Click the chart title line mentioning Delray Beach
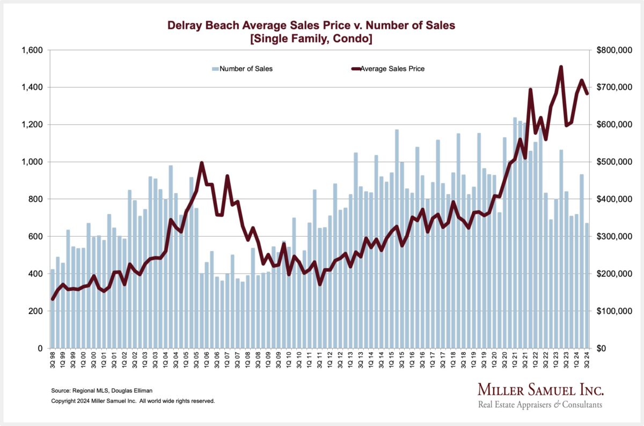pos(311,25)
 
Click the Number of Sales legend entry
pos(242,69)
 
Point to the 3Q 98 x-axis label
pos(53,358)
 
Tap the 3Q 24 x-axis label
pos(587,358)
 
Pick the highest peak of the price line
pos(561,67)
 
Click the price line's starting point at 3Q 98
pos(53,299)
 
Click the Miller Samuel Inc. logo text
pos(540,390)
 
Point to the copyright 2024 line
pos(133,401)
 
